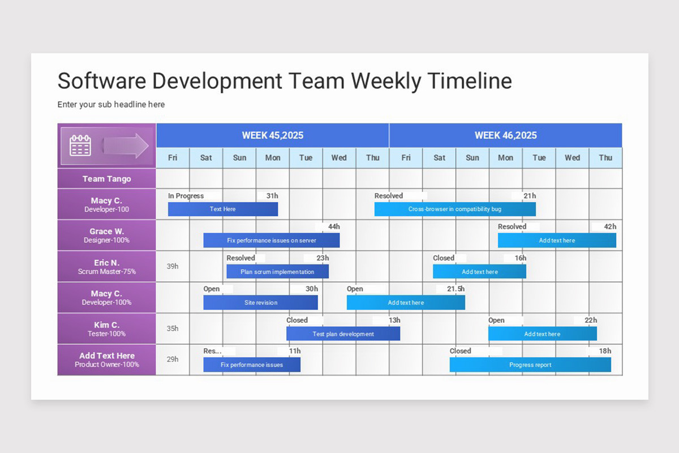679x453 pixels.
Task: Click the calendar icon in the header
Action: pyautogui.click(x=80, y=146)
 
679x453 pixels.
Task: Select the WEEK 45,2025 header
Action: pyautogui.click(x=273, y=135)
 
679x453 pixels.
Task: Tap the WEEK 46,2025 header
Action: pyautogui.click(x=505, y=135)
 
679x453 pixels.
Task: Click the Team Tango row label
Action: pyautogui.click(x=106, y=179)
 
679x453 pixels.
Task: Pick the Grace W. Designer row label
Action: pyautogui.click(x=106, y=235)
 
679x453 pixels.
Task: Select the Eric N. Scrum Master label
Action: pyautogui.click(x=106, y=267)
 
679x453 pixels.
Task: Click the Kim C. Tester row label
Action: pyautogui.click(x=106, y=329)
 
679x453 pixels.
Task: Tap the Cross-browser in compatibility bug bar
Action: pyautogui.click(x=455, y=209)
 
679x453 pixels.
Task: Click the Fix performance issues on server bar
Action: pyautogui.click(x=272, y=241)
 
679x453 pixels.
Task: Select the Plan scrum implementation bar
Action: pyautogui.click(x=277, y=272)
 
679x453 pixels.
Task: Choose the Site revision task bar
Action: pyautogui.click(x=261, y=303)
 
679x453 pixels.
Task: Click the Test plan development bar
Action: pyautogui.click(x=343, y=334)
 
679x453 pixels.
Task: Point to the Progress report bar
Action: pyautogui.click(x=530, y=365)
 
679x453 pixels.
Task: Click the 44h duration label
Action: pyautogui.click(x=334, y=226)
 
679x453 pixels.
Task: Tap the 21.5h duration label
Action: pyautogui.click(x=455, y=289)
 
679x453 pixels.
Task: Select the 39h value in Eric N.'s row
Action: pyautogui.click(x=173, y=266)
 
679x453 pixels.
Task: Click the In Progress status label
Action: pyautogui.click(x=186, y=196)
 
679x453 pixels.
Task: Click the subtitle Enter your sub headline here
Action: pyautogui.click(x=111, y=105)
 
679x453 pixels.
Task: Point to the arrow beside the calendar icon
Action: pyautogui.click(x=126, y=146)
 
